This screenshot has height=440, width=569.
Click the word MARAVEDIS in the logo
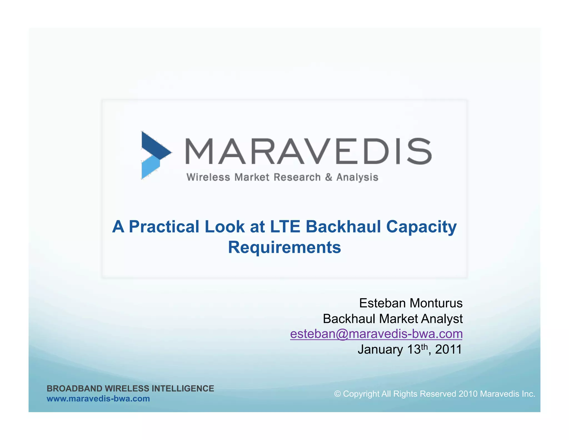308,151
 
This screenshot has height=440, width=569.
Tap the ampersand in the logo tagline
329,177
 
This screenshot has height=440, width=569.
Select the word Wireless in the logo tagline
208,177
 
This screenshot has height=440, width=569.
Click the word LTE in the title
285,226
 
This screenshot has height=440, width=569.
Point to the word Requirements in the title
284,247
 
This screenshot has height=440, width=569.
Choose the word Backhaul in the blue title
343,226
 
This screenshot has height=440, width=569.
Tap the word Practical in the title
164,226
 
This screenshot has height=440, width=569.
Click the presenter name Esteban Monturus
411,303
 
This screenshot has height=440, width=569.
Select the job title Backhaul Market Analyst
393,318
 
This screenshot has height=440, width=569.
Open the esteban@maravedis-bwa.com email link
376,334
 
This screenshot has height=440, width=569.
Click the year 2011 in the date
448,349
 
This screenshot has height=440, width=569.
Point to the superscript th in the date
424,347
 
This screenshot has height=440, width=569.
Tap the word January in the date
380,350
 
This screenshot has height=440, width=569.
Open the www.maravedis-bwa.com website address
98,399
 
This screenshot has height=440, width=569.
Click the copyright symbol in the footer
337,394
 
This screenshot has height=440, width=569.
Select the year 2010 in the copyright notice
468,394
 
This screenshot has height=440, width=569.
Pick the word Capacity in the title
421,227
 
